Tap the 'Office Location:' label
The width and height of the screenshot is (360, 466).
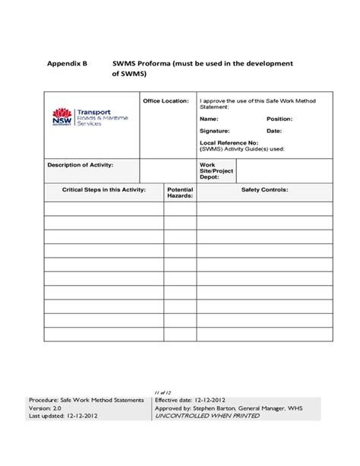pyautogui.click(x=166, y=100)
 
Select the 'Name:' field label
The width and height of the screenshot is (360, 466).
pyautogui.click(x=209, y=119)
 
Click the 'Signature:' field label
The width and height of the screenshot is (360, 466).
pyautogui.click(x=215, y=132)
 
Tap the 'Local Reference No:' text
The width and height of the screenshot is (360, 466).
pyautogui.click(x=229, y=143)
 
